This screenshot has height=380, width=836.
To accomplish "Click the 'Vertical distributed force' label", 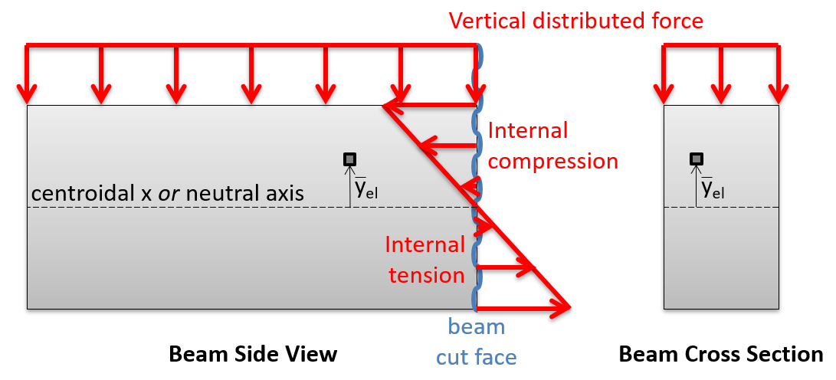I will [575, 20].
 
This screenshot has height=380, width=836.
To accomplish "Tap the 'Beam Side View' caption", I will [253, 354].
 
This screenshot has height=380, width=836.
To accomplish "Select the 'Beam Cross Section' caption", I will [721, 354].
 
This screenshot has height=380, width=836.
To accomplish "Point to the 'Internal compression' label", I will [552, 146].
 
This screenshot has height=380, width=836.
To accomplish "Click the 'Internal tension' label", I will [425, 260].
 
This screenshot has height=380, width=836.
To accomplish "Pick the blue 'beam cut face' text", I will [477, 342].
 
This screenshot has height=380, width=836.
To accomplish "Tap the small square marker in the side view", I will [350, 159].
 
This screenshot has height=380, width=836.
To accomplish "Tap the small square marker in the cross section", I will [696, 159].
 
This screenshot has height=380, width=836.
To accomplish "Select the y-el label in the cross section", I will [712, 188].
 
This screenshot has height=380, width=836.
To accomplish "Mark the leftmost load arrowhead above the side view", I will [28, 98].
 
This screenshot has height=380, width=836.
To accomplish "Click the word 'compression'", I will [552, 161].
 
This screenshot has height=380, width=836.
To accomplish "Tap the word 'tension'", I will [425, 274].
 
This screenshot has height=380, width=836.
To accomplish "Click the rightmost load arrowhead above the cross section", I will [779, 98].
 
